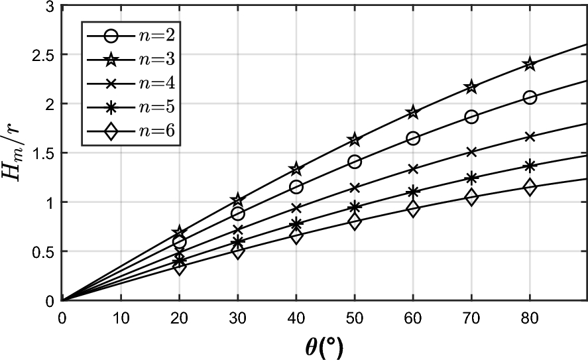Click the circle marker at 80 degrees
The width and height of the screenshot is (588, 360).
click(x=530, y=97)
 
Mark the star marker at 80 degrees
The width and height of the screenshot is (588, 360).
click(x=530, y=64)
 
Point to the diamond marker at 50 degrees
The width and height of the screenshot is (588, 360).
click(x=354, y=222)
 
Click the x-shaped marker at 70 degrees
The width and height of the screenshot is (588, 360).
click(x=471, y=152)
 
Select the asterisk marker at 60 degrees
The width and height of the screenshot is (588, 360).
click(x=412, y=192)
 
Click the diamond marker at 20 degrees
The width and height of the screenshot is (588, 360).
click(x=179, y=267)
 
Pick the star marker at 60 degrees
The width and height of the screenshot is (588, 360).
click(x=412, y=112)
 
